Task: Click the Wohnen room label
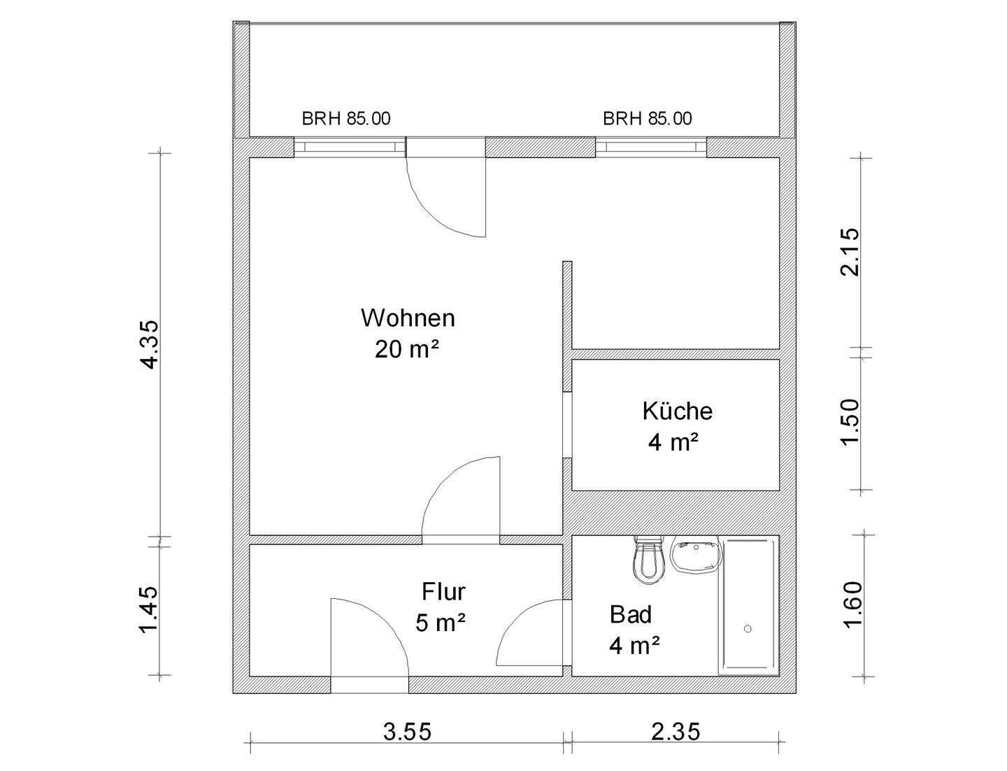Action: (408, 318)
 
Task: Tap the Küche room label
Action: (677, 411)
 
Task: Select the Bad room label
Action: (631, 615)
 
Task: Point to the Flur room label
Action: (443, 592)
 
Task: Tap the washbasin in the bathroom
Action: (696, 556)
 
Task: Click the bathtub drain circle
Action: (748, 629)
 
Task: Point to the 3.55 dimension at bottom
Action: (408, 732)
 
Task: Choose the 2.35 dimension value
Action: (676, 732)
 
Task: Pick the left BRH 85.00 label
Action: (346, 119)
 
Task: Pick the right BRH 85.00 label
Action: (648, 119)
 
